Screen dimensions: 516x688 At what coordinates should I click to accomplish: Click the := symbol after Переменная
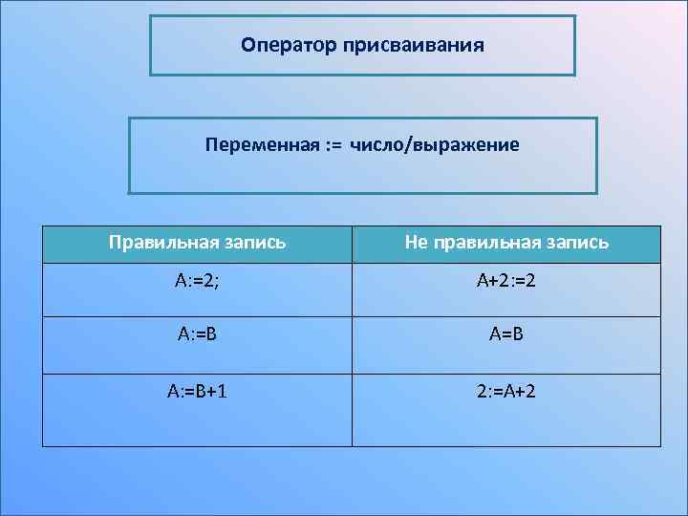point(333,145)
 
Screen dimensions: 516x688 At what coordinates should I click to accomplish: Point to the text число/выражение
point(434,145)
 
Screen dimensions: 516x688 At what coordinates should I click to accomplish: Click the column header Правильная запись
point(197,243)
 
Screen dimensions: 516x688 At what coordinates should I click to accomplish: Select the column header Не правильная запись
point(505,243)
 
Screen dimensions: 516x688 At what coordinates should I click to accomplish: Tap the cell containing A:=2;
point(197,282)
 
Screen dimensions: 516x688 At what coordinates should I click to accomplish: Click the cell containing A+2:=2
point(505,282)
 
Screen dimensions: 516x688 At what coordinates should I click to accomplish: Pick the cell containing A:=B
point(197,336)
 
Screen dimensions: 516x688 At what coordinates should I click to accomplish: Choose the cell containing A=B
point(505,336)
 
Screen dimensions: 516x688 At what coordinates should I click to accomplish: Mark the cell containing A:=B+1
point(197,393)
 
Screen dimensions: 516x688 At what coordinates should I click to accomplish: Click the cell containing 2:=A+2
point(505,393)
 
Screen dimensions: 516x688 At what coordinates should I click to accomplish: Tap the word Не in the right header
point(416,243)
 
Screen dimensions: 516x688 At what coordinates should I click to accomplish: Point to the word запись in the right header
point(573,243)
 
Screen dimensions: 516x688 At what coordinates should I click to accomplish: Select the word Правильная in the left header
point(161,243)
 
